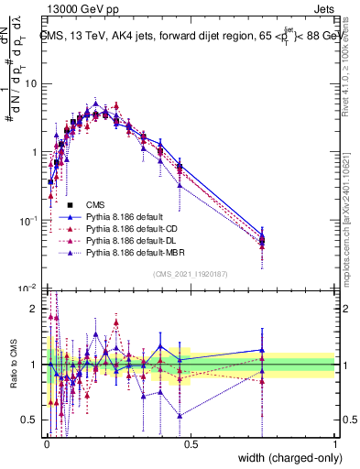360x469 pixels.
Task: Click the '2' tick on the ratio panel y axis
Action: (x=34, y=309)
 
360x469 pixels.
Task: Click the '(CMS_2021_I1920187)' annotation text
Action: (x=190, y=273)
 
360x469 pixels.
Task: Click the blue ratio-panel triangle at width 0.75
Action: (x=262, y=349)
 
